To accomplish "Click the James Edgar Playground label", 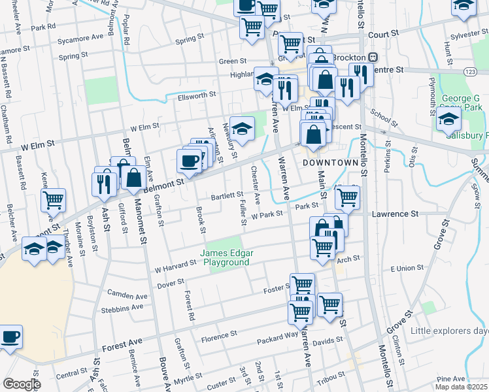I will click(x=226, y=257).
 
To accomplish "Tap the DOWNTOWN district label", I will click(x=329, y=162).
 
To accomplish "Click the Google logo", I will click(x=22, y=384).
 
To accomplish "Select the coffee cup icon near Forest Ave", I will click(x=10, y=338).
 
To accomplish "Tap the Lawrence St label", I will click(x=395, y=214).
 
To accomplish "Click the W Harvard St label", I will click(x=175, y=265).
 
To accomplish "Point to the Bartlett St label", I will click(x=226, y=195).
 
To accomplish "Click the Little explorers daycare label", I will click(x=450, y=331).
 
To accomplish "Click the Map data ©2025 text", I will click(x=461, y=387).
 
